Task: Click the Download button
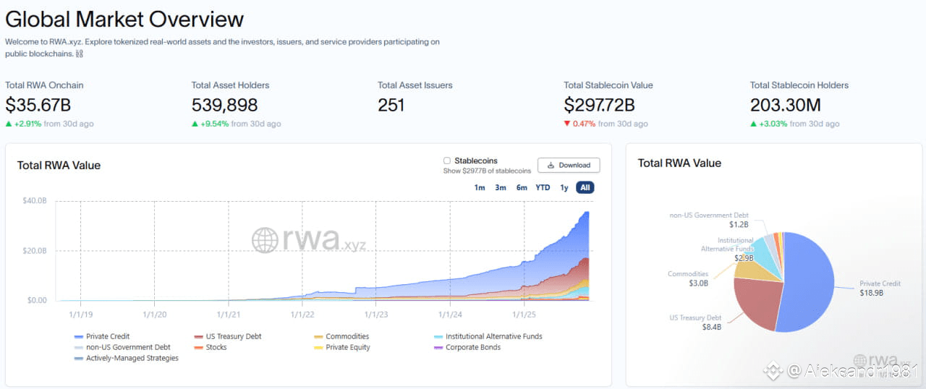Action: pos(569,165)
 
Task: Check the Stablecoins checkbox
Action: pos(447,161)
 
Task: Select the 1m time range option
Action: pos(480,187)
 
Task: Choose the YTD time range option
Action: pos(543,187)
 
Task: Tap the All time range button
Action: pos(585,187)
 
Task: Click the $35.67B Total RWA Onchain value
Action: pos(38,105)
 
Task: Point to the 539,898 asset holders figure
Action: pos(224,105)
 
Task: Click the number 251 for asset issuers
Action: pos(391,105)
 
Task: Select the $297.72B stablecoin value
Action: pos(599,105)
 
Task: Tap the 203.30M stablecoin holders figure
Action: pos(785,105)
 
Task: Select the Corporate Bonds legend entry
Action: pos(472,347)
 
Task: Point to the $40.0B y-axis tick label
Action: pos(35,201)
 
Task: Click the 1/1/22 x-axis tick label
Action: pos(302,315)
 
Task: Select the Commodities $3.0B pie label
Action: pos(687,278)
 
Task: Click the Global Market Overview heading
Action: pos(124,19)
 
